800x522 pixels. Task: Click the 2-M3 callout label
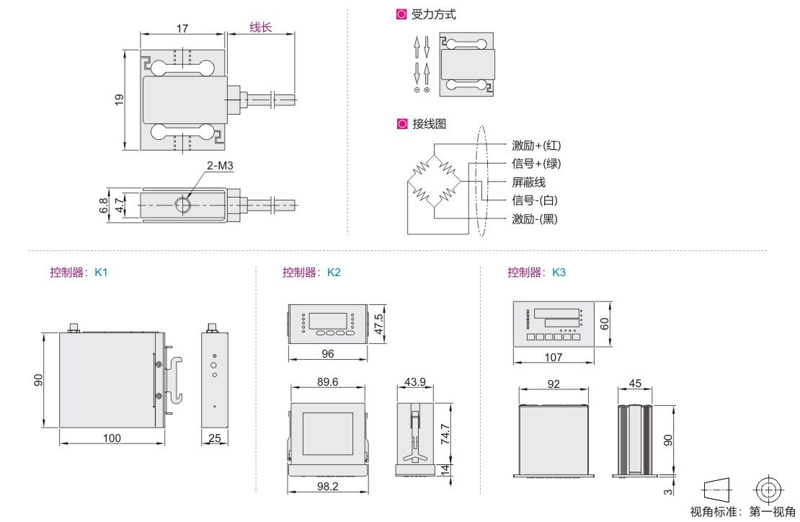point(220,166)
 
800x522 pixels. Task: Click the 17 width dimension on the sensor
point(182,29)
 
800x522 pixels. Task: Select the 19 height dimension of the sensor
point(120,99)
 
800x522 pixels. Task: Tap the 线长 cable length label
point(261,28)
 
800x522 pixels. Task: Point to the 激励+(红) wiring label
point(536,146)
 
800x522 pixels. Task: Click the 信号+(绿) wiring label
point(536,164)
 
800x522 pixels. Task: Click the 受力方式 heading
point(433,14)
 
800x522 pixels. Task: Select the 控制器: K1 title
point(79,273)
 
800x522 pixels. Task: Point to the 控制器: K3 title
point(536,273)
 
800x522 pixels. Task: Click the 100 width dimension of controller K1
point(112,438)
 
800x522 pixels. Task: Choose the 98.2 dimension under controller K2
point(327,487)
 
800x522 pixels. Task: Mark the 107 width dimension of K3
point(553,357)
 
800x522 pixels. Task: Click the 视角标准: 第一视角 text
point(742,512)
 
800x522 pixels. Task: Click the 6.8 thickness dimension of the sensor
point(104,205)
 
